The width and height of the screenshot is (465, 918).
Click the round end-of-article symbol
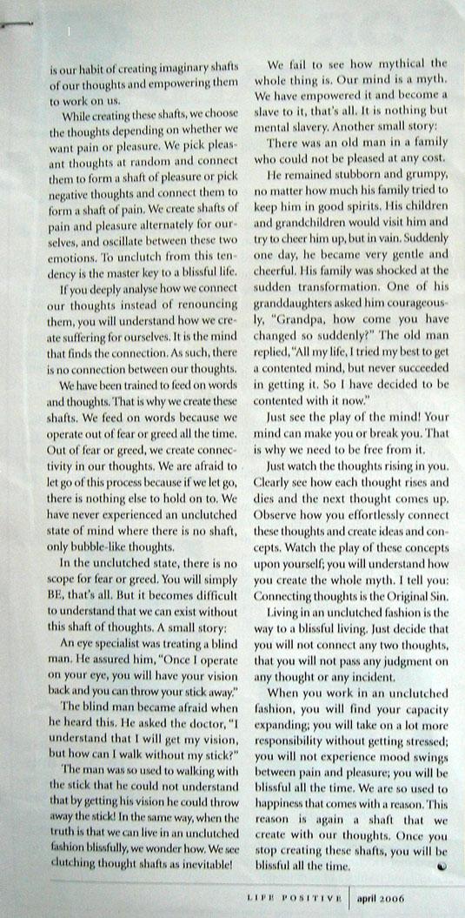click(x=441, y=866)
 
